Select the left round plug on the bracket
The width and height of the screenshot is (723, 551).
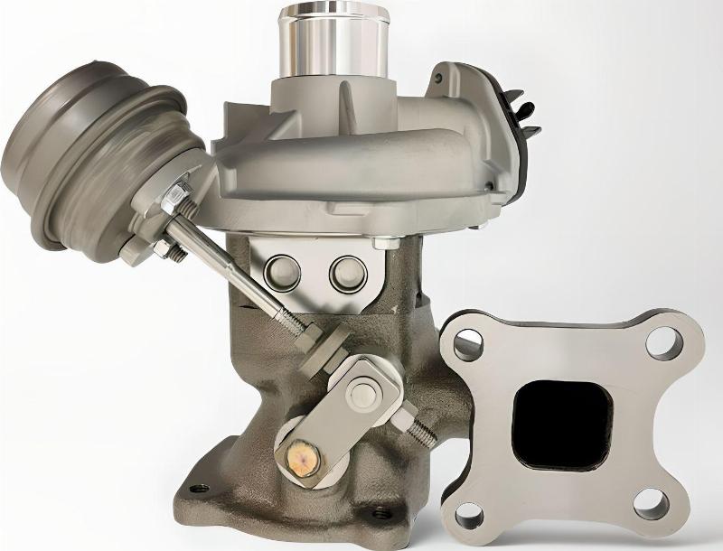pyautogui.click(x=281, y=270)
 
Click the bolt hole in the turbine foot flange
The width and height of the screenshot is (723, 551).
pyautogui.click(x=199, y=490)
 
